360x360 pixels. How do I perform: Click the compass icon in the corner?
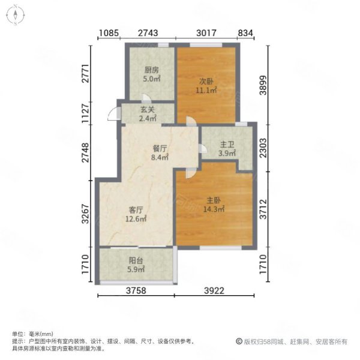click(16, 15)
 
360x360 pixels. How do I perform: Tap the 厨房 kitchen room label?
click(152, 70)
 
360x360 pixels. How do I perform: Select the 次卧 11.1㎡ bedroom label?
click(206, 86)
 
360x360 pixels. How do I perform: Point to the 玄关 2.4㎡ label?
click(148, 114)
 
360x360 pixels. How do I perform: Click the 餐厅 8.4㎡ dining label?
click(160, 153)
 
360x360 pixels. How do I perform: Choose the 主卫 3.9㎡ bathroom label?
click(227, 149)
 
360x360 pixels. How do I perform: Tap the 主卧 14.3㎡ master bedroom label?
click(214, 205)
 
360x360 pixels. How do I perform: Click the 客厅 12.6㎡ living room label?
click(136, 214)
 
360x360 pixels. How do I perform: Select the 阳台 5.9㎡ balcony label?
click(136, 265)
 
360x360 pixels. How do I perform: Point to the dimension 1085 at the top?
click(109, 33)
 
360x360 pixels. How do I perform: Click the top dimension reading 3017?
click(206, 33)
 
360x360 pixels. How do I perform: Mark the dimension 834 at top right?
click(245, 33)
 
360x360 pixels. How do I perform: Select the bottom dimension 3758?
click(136, 290)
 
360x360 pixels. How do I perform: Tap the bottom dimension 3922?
click(214, 290)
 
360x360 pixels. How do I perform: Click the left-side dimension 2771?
click(85, 73)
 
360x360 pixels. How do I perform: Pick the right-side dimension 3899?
click(263, 85)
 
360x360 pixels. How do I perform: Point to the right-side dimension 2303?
click(263, 148)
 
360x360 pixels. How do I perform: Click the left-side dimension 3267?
click(85, 214)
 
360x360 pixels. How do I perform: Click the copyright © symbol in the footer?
click(239, 341)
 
